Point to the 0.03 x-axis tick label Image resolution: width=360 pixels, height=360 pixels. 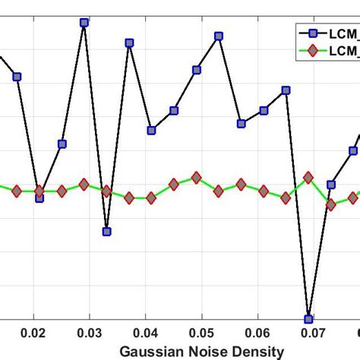point(90,333)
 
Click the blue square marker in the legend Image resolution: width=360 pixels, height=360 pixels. point(309,32)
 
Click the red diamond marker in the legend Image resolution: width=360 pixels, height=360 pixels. point(309,51)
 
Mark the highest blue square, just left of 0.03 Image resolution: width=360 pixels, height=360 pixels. point(84,23)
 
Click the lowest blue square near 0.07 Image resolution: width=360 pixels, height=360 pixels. point(308,319)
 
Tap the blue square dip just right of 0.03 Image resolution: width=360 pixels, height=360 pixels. point(107,232)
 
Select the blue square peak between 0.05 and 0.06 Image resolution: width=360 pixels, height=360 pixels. point(219,36)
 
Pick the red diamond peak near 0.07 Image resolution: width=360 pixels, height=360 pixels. point(308,177)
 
